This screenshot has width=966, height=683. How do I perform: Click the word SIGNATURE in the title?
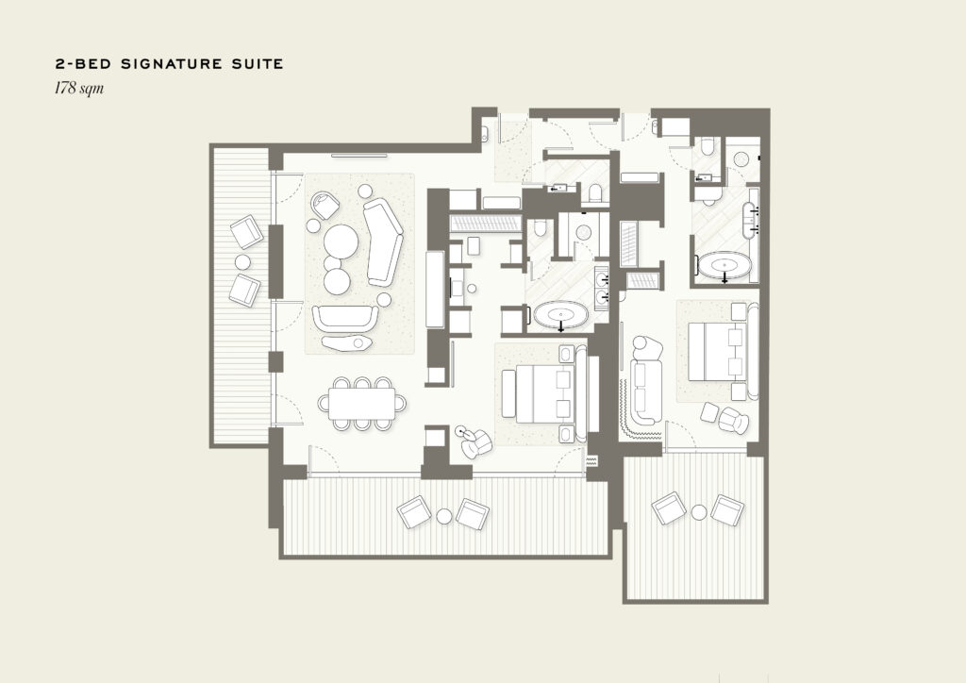point(166,63)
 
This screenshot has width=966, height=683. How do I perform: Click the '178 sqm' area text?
point(79,88)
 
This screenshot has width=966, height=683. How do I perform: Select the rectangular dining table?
point(361,404)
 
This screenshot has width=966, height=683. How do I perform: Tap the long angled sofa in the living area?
point(383,242)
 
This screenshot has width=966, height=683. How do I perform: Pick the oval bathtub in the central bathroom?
point(561,315)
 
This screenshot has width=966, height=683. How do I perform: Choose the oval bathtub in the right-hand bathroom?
point(724,266)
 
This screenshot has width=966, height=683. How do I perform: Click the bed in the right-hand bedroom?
point(718,352)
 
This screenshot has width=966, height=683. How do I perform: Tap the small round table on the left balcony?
point(242,262)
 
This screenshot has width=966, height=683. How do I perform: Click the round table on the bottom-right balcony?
point(699,512)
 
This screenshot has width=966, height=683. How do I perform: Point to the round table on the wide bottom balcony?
point(444,515)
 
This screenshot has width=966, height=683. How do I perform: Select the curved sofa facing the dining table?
point(345,319)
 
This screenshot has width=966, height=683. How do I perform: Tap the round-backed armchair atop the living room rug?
point(325,205)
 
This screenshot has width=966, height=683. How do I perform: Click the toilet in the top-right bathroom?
point(708,148)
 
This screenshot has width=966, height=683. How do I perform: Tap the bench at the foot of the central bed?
point(508,394)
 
